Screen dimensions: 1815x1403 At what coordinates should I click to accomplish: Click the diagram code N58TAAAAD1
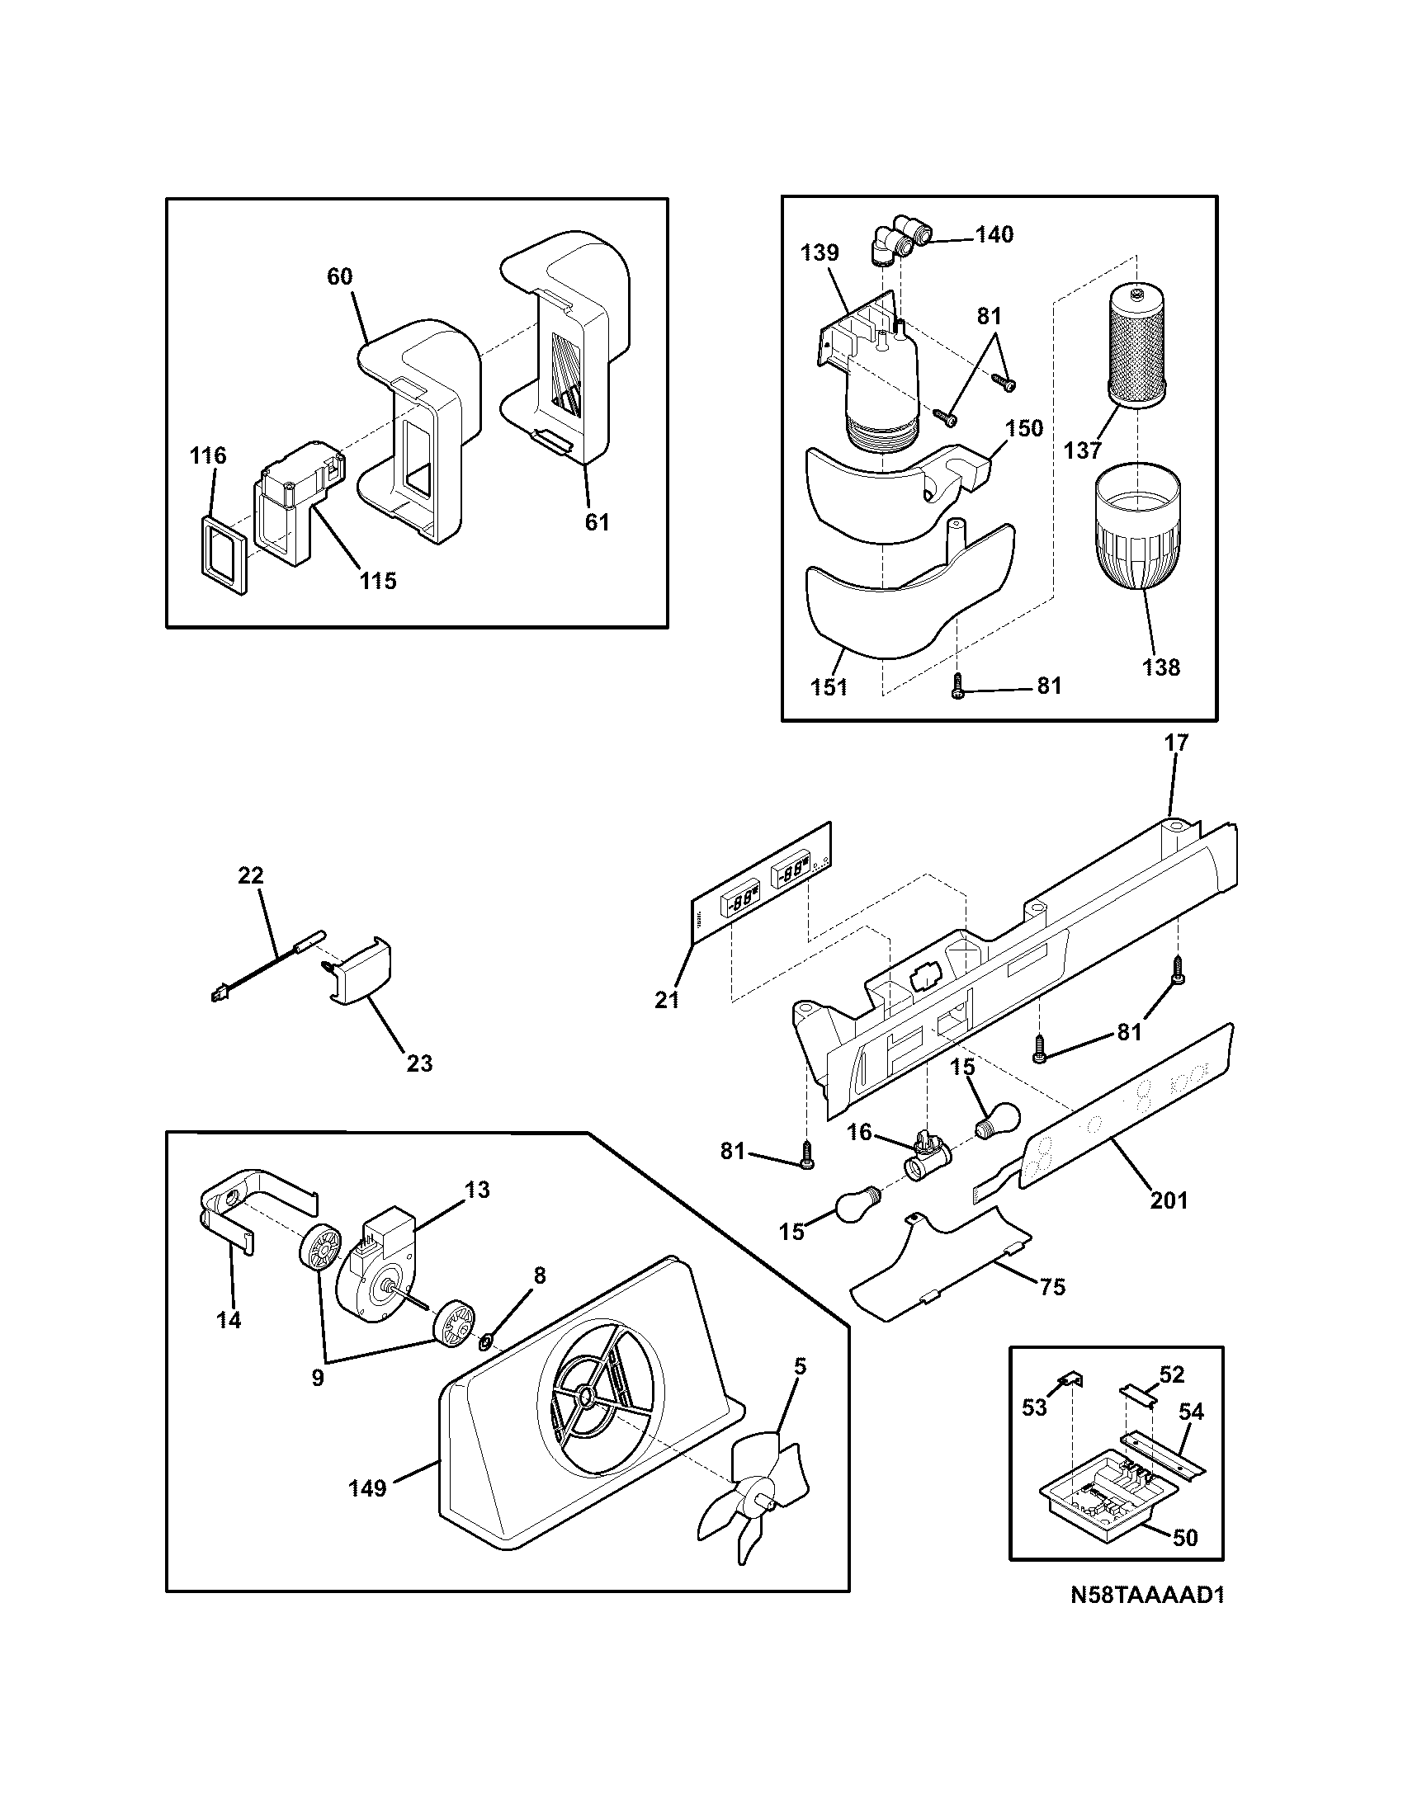pyautogui.click(x=1147, y=1596)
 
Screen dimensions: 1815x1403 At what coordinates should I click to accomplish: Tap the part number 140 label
pyautogui.click(x=995, y=235)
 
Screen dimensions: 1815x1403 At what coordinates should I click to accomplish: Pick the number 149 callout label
pyautogui.click(x=367, y=1488)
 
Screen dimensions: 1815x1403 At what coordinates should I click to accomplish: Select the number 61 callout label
pyautogui.click(x=597, y=522)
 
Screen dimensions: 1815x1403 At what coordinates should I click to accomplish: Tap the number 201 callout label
pyautogui.click(x=1169, y=1200)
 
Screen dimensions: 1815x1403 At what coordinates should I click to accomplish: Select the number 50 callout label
pyautogui.click(x=1186, y=1538)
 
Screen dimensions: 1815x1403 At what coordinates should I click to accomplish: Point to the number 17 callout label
pyautogui.click(x=1177, y=743)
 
